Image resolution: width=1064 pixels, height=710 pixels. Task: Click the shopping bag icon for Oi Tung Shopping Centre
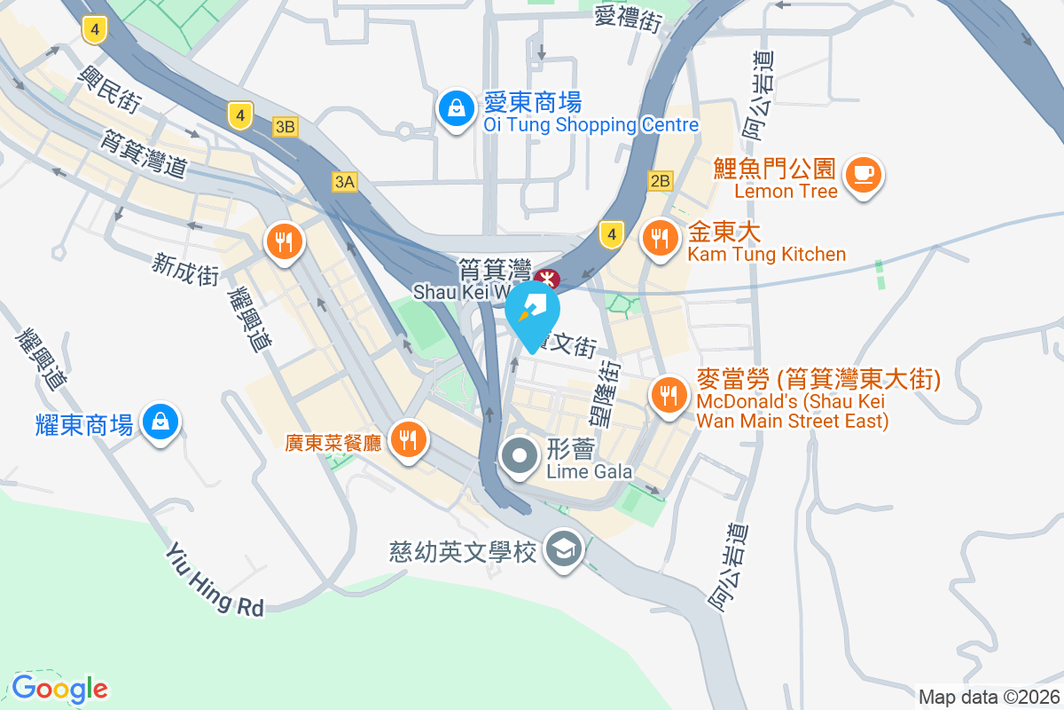pos(455,108)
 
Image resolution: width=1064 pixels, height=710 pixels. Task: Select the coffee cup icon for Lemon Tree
pos(864,173)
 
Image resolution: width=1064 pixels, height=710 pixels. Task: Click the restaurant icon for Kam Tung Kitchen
pos(660,238)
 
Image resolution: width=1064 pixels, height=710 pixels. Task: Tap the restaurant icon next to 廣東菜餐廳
pos(408,438)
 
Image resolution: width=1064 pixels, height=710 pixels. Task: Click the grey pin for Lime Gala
pos(520,457)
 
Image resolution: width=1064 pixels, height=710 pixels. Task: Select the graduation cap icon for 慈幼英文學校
pos(563,550)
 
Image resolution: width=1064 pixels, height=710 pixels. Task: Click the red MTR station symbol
pos(546,279)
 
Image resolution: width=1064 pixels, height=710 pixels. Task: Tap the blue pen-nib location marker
pos(533,313)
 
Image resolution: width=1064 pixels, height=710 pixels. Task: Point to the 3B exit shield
pos(285,127)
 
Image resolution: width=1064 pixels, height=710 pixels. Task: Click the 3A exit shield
pos(344,182)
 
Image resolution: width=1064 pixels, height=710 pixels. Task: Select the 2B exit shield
pos(661,181)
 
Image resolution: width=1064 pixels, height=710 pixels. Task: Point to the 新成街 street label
pos(185,269)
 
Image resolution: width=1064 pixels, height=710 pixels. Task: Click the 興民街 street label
pos(110,88)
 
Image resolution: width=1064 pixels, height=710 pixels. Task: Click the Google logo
pos(59,688)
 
